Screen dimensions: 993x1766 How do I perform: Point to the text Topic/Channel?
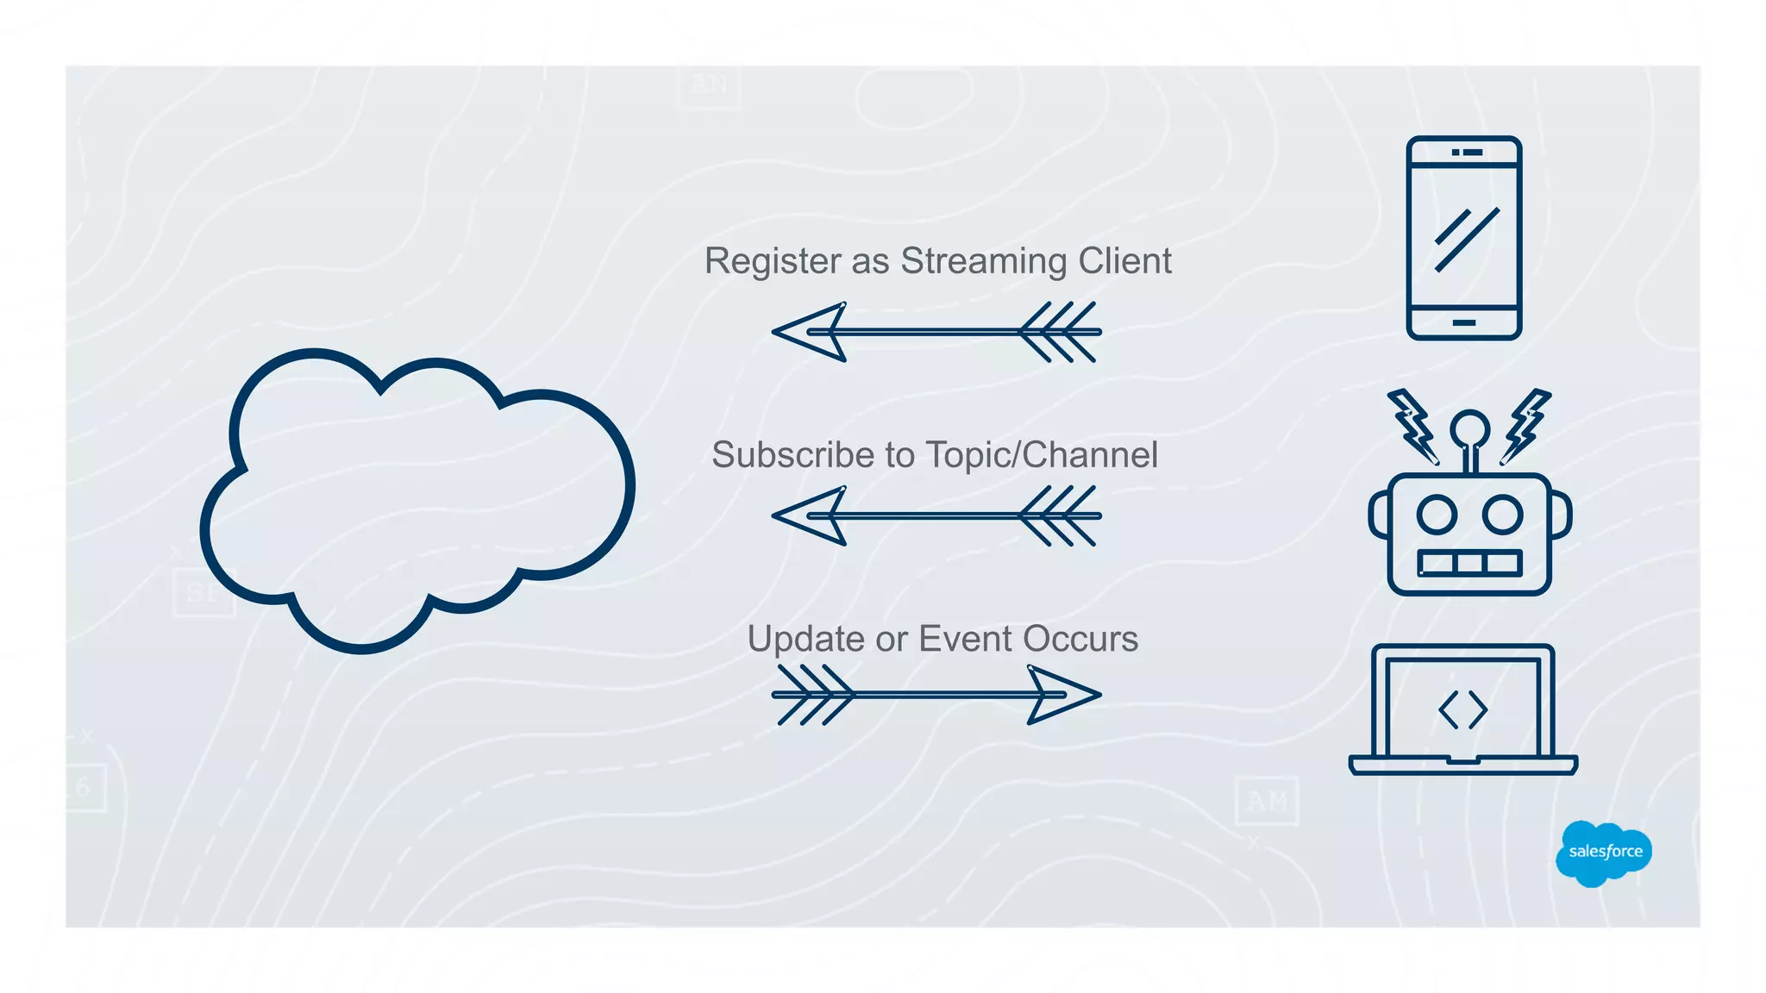[1042, 456]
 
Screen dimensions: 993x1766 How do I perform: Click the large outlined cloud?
[417, 500]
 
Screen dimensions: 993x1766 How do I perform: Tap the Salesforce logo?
[1604, 852]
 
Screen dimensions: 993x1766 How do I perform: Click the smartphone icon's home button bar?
[1464, 323]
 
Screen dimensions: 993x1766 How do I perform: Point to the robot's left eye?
[1437, 515]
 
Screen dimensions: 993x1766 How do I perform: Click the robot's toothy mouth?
[1470, 564]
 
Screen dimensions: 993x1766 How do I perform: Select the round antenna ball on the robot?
[1469, 428]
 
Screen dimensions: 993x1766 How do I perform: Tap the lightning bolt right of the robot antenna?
[1526, 426]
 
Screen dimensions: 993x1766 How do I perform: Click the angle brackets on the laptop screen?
[1463, 710]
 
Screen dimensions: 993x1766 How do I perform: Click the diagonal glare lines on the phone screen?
[1466, 239]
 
